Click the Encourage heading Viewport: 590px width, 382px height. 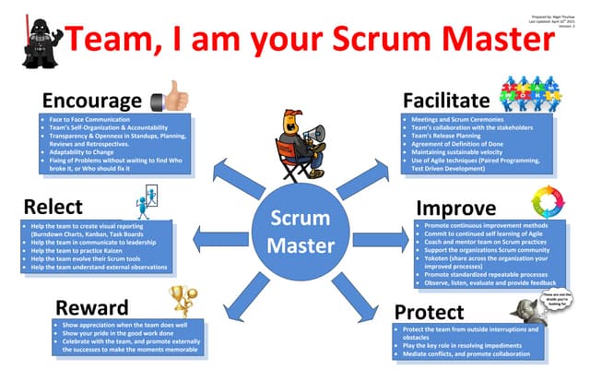tap(89, 99)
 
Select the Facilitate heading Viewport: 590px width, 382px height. tap(447, 99)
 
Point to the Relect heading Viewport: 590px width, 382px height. tap(53, 206)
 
